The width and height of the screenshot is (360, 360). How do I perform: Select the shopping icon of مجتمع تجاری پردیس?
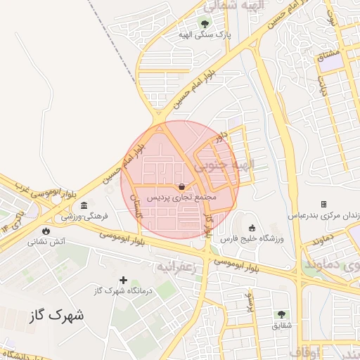(x=183, y=187)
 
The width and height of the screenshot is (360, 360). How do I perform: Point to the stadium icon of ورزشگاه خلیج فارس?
(x=252, y=228)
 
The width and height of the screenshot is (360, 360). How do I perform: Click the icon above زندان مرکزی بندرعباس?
(x=324, y=204)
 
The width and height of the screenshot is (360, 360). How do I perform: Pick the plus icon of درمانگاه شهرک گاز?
(x=124, y=280)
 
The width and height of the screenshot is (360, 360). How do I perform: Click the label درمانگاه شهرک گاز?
(x=124, y=290)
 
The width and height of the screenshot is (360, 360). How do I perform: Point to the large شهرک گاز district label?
(x=57, y=315)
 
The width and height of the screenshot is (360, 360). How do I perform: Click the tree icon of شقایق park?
(x=281, y=314)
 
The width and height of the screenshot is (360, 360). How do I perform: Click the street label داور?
(x=223, y=136)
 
